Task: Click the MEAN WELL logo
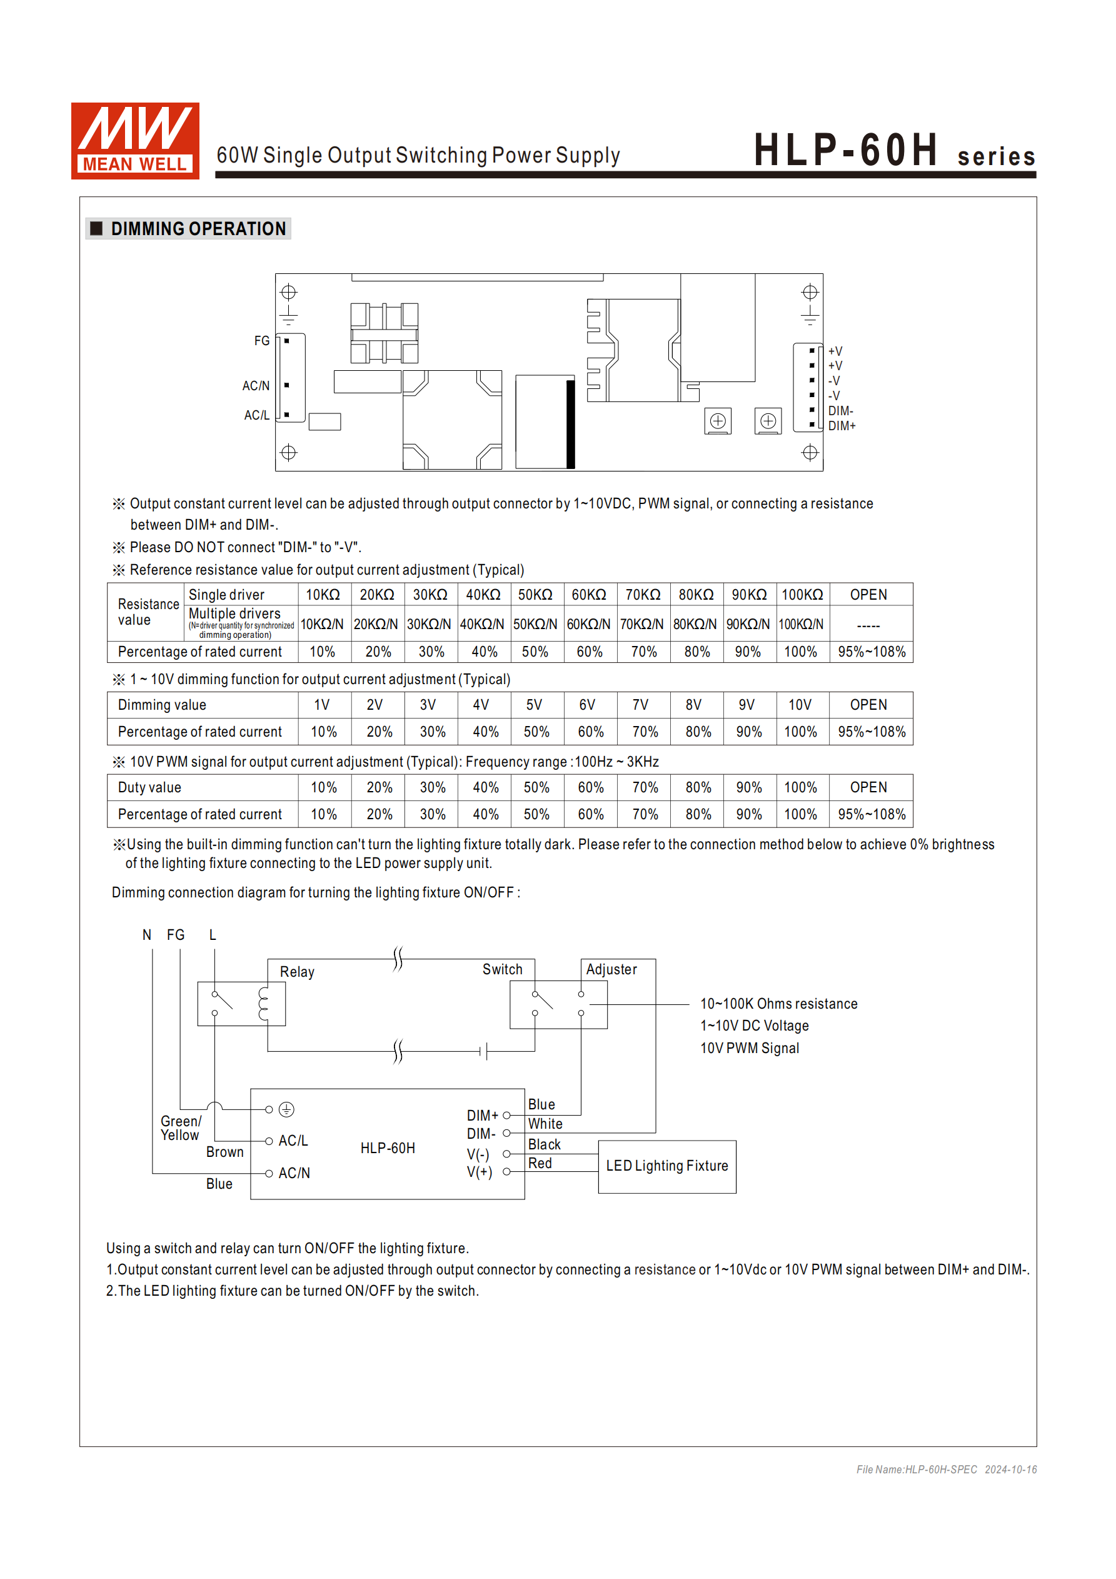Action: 135,141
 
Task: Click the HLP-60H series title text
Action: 893,151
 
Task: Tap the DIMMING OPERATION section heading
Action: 198,229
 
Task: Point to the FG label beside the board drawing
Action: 261,341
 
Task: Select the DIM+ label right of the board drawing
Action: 842,426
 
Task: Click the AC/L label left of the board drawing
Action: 256,415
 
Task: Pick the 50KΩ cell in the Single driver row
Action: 535,595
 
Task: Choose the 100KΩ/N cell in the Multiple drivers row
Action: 800,625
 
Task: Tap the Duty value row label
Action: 149,787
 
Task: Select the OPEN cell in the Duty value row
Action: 868,787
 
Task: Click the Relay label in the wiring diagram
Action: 297,972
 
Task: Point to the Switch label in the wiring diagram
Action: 502,970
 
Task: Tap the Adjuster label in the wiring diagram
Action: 611,970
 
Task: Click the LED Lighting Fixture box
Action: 667,1166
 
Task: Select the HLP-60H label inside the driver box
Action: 388,1149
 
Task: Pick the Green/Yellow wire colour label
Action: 180,1128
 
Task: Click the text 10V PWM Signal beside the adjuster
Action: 750,1048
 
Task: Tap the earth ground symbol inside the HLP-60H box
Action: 287,1109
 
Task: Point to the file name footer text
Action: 946,1470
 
